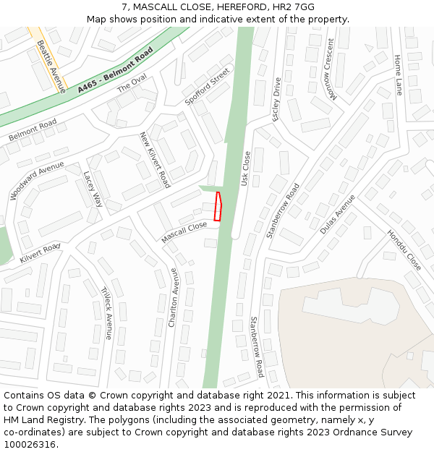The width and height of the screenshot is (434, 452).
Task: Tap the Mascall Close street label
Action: point(184,231)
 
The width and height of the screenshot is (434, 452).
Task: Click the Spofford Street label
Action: point(207,88)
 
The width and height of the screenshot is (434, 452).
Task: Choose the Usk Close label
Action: point(245,169)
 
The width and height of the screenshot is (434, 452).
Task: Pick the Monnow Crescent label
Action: point(331,79)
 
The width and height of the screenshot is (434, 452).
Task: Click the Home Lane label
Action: point(398,74)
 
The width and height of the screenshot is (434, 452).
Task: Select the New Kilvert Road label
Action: point(155,160)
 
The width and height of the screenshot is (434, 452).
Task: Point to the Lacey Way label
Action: point(93,189)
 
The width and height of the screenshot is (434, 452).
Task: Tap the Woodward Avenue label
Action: point(37,180)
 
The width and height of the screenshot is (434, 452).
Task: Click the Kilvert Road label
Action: point(40,254)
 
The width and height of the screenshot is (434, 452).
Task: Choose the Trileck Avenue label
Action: point(107,312)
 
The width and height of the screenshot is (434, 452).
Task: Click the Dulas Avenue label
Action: point(338,214)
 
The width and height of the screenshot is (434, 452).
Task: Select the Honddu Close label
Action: point(404,250)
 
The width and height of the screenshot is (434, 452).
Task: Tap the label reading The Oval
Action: point(132,84)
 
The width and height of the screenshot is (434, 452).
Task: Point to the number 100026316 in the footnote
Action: point(30,444)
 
